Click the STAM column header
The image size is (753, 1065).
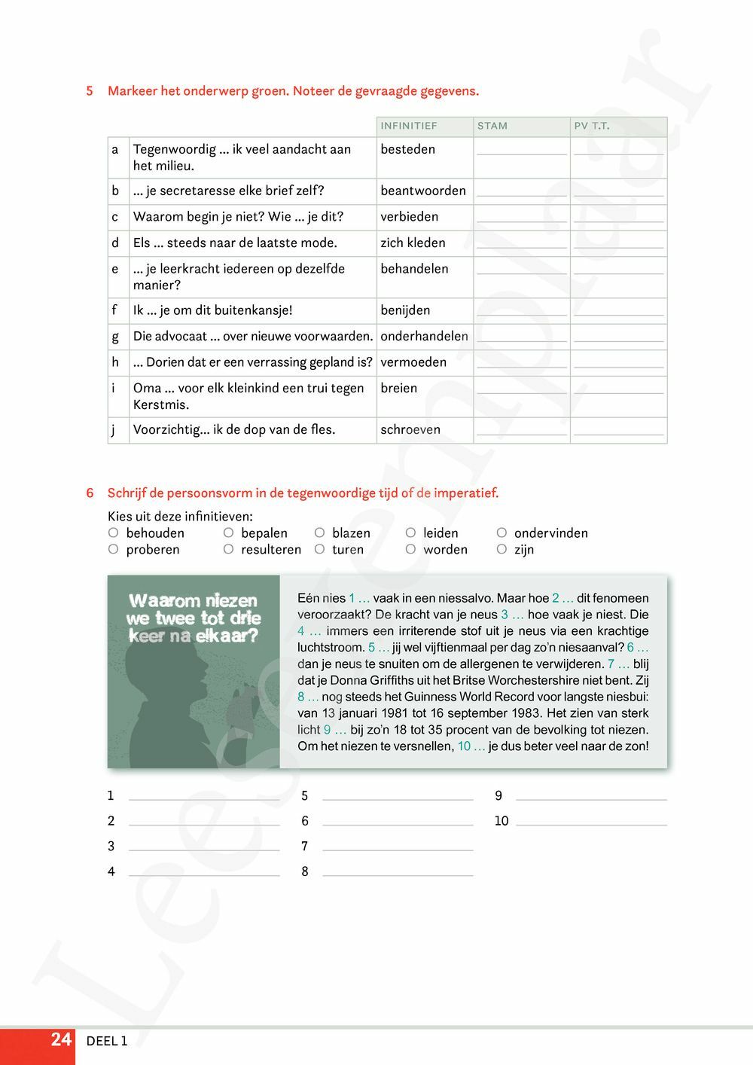pos(492,126)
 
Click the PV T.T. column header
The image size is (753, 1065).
pos(592,126)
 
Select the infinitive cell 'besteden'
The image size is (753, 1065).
pos(408,149)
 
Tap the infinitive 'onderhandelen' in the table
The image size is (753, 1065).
pos(424,336)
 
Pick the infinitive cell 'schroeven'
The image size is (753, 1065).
pos(410,429)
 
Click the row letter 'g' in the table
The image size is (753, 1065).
pos(115,336)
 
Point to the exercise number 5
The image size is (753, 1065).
pos(90,91)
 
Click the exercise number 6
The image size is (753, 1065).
pos(90,493)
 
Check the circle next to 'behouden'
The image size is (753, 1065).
pos(114,532)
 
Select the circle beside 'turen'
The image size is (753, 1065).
pos(320,549)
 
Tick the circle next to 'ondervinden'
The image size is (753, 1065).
pos(501,532)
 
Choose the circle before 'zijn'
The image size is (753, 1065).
pos(501,549)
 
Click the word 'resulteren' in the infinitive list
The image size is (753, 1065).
pos(271,550)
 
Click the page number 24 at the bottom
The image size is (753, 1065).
pos(61,1040)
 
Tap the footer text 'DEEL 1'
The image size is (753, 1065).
pos(107,1041)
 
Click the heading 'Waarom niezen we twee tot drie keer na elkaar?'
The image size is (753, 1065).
pos(194,618)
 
